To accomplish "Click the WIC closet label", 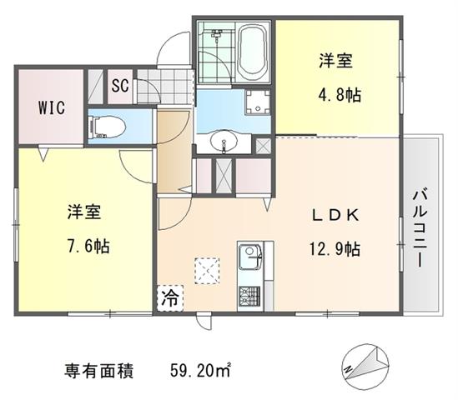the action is click(52, 107).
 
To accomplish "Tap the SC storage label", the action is click(120, 86).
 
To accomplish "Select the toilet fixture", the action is click(108, 127).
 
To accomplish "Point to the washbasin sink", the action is click(224, 141).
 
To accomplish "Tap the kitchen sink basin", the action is click(249, 257).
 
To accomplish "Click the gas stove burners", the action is click(249, 296).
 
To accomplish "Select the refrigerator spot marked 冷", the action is click(170, 297).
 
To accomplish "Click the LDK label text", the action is click(335, 215).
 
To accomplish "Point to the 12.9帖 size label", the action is click(335, 249).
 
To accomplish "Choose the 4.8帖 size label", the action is click(340, 95).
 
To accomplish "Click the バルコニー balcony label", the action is click(420, 228).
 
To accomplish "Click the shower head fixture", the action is click(216, 33).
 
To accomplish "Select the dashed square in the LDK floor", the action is click(207, 271).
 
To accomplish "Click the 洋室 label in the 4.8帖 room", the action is click(336, 61).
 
